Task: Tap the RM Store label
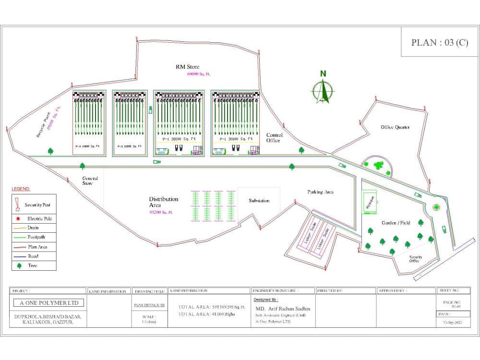(187, 67)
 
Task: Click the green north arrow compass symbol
(324, 89)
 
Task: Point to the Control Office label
(275, 138)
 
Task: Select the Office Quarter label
(395, 127)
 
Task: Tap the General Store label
(90, 181)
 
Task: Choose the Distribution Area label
(163, 202)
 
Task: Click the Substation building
(259, 201)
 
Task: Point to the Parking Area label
(320, 192)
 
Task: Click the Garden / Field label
(396, 223)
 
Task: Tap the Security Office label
(415, 259)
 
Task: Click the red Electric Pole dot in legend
(17, 218)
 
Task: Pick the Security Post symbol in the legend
(17, 204)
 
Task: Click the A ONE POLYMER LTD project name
(48, 303)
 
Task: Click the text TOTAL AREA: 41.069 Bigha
(206, 314)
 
